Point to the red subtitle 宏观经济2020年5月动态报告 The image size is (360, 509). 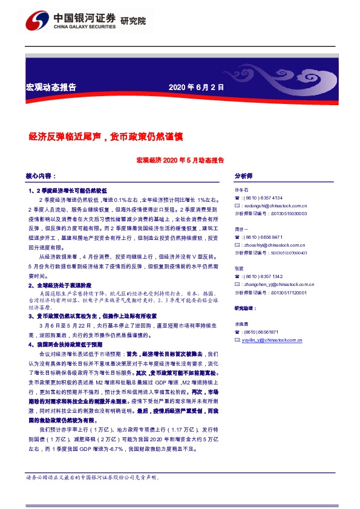coord(180,161)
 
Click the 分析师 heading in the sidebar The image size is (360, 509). coord(243,176)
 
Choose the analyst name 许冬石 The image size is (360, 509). coord(241,190)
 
